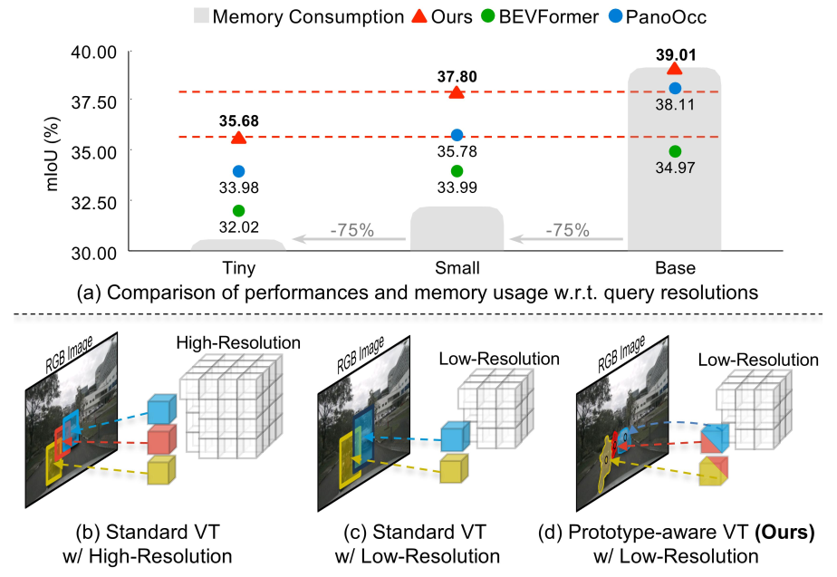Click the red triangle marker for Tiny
(x=238, y=138)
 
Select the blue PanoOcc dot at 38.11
(x=674, y=88)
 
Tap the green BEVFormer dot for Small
(x=457, y=171)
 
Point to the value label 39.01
(x=674, y=53)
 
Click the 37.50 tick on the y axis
(x=96, y=101)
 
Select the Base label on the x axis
(x=674, y=269)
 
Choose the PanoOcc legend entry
(x=663, y=16)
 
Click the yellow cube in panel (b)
(x=159, y=471)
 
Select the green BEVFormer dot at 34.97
(x=674, y=151)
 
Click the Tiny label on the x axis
(x=238, y=269)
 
